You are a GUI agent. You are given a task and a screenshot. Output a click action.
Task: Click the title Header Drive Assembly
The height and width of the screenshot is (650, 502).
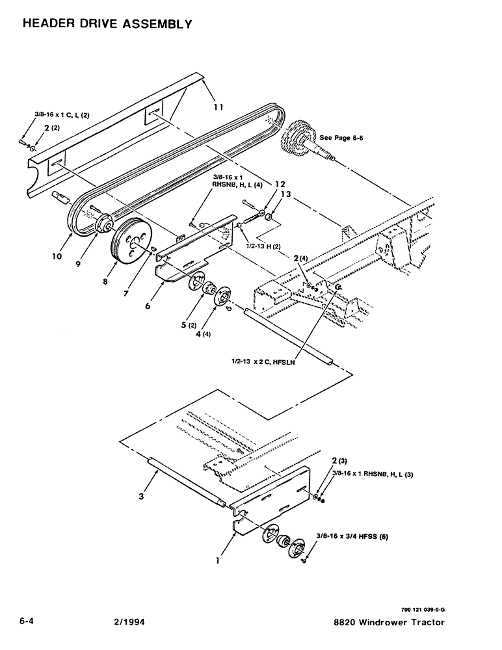pyautogui.click(x=107, y=24)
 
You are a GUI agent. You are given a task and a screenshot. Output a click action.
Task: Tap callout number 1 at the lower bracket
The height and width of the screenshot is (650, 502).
pyautogui.click(x=218, y=556)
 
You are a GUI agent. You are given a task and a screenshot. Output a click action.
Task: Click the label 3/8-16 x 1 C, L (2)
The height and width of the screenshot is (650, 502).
pyautogui.click(x=62, y=115)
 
